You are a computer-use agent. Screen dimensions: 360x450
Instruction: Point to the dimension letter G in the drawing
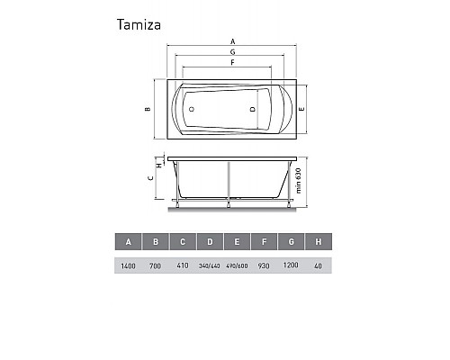[232, 53]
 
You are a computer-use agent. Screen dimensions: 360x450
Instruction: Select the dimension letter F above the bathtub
[232, 64]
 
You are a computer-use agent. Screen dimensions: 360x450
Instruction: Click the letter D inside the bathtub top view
[253, 109]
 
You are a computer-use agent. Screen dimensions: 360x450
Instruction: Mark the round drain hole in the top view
[191, 109]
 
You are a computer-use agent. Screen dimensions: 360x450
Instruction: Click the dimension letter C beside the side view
[149, 178]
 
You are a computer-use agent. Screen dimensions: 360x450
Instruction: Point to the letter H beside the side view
[158, 166]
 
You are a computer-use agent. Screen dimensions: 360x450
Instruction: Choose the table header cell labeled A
[129, 242]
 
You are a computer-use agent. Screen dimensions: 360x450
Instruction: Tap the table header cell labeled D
[210, 242]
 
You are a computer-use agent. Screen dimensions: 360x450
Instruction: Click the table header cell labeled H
[318, 242]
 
